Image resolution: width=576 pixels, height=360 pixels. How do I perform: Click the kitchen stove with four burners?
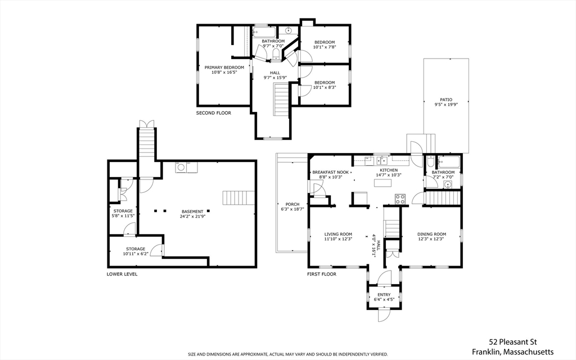[x=400, y=199]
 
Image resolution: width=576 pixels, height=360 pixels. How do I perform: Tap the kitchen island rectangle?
[x=384, y=182]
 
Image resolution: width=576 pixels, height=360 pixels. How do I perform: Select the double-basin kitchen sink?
[x=382, y=159]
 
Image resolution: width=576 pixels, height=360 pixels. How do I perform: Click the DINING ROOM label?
[x=431, y=234]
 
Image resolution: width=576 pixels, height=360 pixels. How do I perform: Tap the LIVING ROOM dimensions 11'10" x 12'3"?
[x=338, y=239]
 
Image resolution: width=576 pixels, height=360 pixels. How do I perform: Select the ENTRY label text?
[x=384, y=295]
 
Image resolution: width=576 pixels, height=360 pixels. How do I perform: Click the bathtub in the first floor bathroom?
[x=449, y=163]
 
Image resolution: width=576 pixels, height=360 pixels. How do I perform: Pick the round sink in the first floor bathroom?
[x=448, y=183]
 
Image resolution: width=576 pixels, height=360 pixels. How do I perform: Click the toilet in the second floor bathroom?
[x=276, y=54]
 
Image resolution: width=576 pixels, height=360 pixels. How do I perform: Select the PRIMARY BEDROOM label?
[x=224, y=67]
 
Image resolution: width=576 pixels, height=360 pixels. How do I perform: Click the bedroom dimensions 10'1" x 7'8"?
[x=324, y=47]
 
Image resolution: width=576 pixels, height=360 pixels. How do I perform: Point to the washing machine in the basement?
[x=181, y=167]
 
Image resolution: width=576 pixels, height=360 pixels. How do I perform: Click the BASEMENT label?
[x=192, y=211]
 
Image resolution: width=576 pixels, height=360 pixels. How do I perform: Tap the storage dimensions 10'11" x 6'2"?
[x=135, y=254]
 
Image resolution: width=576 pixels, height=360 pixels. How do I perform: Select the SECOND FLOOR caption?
[x=213, y=113]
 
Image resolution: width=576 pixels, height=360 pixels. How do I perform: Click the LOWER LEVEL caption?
[x=122, y=274]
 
